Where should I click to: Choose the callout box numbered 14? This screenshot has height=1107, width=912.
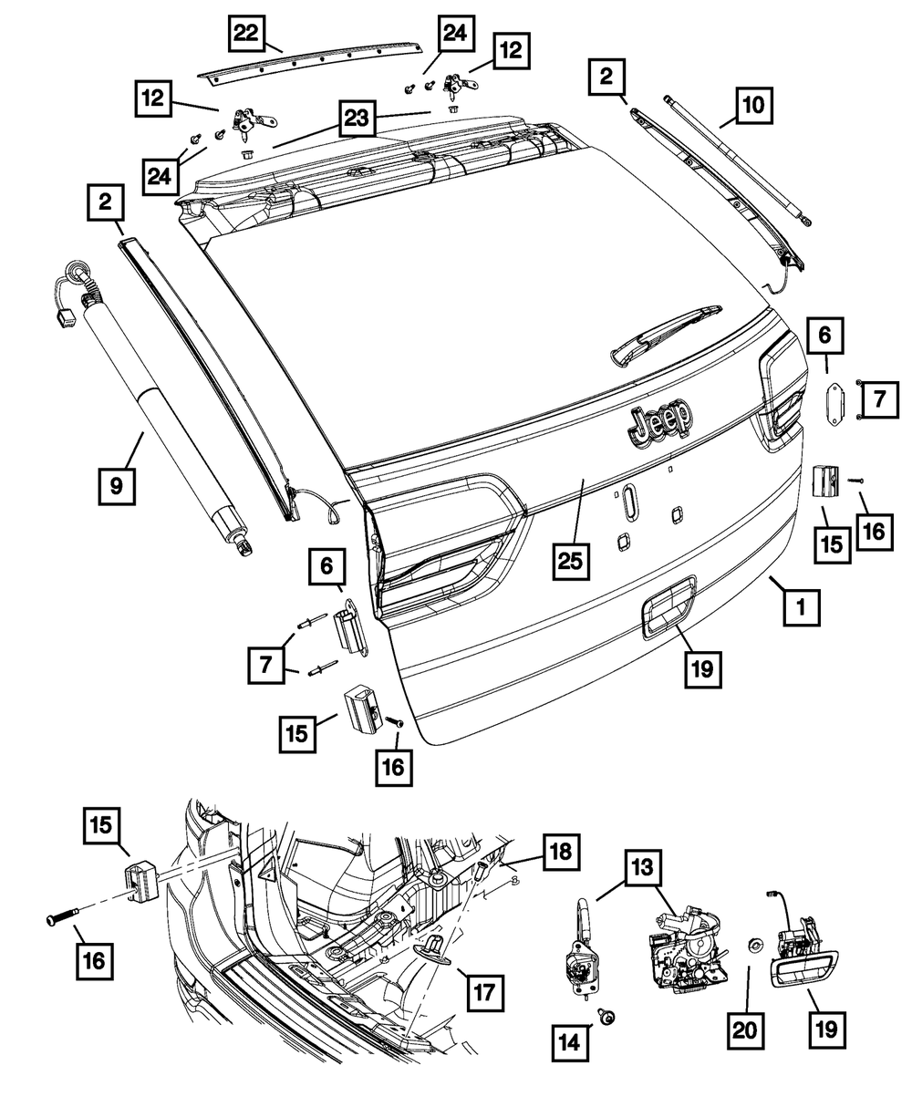(x=570, y=1039)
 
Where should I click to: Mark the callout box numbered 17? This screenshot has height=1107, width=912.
(x=482, y=992)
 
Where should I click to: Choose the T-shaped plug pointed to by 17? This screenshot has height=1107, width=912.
(x=434, y=946)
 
